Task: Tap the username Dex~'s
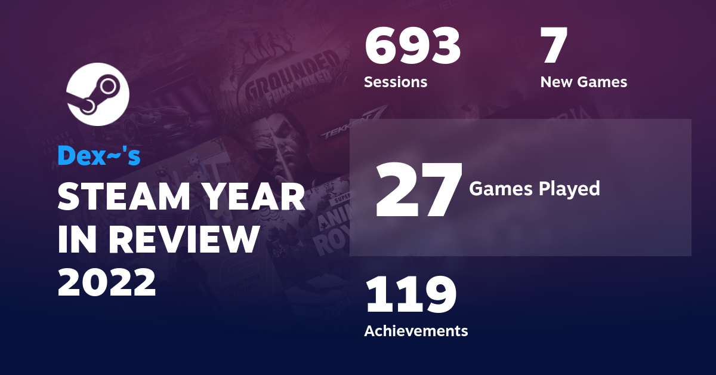pos(98,156)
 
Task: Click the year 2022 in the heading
pos(107,282)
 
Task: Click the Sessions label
pos(396,82)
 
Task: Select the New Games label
pos(584,82)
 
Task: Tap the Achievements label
pos(416,330)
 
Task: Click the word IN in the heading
pos(75,240)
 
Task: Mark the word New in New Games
pos(556,82)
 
